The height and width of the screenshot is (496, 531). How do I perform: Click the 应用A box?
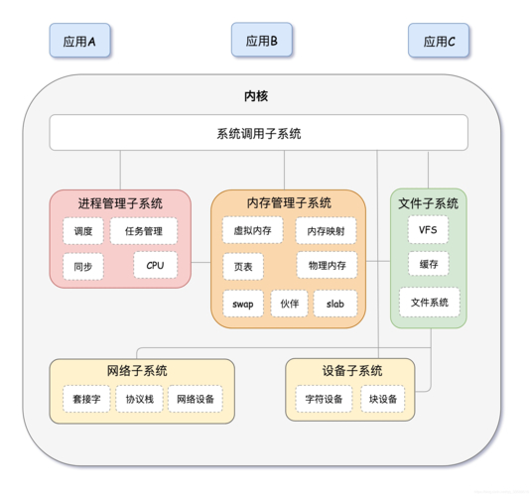click(x=79, y=42)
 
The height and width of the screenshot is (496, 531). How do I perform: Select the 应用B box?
click(x=262, y=41)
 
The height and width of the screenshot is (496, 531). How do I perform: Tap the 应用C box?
click(x=439, y=42)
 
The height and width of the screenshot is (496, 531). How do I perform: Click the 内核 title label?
click(x=256, y=96)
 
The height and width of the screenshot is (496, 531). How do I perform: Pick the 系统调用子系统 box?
click(x=258, y=133)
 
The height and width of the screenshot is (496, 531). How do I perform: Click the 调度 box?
click(x=82, y=232)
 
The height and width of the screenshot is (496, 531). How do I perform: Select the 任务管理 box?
click(x=144, y=232)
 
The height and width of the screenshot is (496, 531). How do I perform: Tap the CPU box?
click(x=155, y=265)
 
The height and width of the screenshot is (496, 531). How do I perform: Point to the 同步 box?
click(x=82, y=266)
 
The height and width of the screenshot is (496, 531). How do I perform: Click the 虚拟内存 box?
click(x=252, y=230)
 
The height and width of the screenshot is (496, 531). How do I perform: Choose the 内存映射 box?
click(x=326, y=231)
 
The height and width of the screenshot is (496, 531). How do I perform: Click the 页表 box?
click(x=243, y=267)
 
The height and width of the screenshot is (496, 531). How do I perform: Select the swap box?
click(x=243, y=303)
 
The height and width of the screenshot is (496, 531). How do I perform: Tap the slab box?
click(x=335, y=303)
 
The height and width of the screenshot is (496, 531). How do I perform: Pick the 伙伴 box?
click(x=289, y=303)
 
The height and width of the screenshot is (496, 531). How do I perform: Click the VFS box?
click(x=428, y=230)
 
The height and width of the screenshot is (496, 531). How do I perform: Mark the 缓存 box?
click(x=429, y=264)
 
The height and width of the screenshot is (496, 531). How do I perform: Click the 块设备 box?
click(x=382, y=399)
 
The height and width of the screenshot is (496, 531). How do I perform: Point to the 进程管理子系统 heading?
click(x=120, y=203)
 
